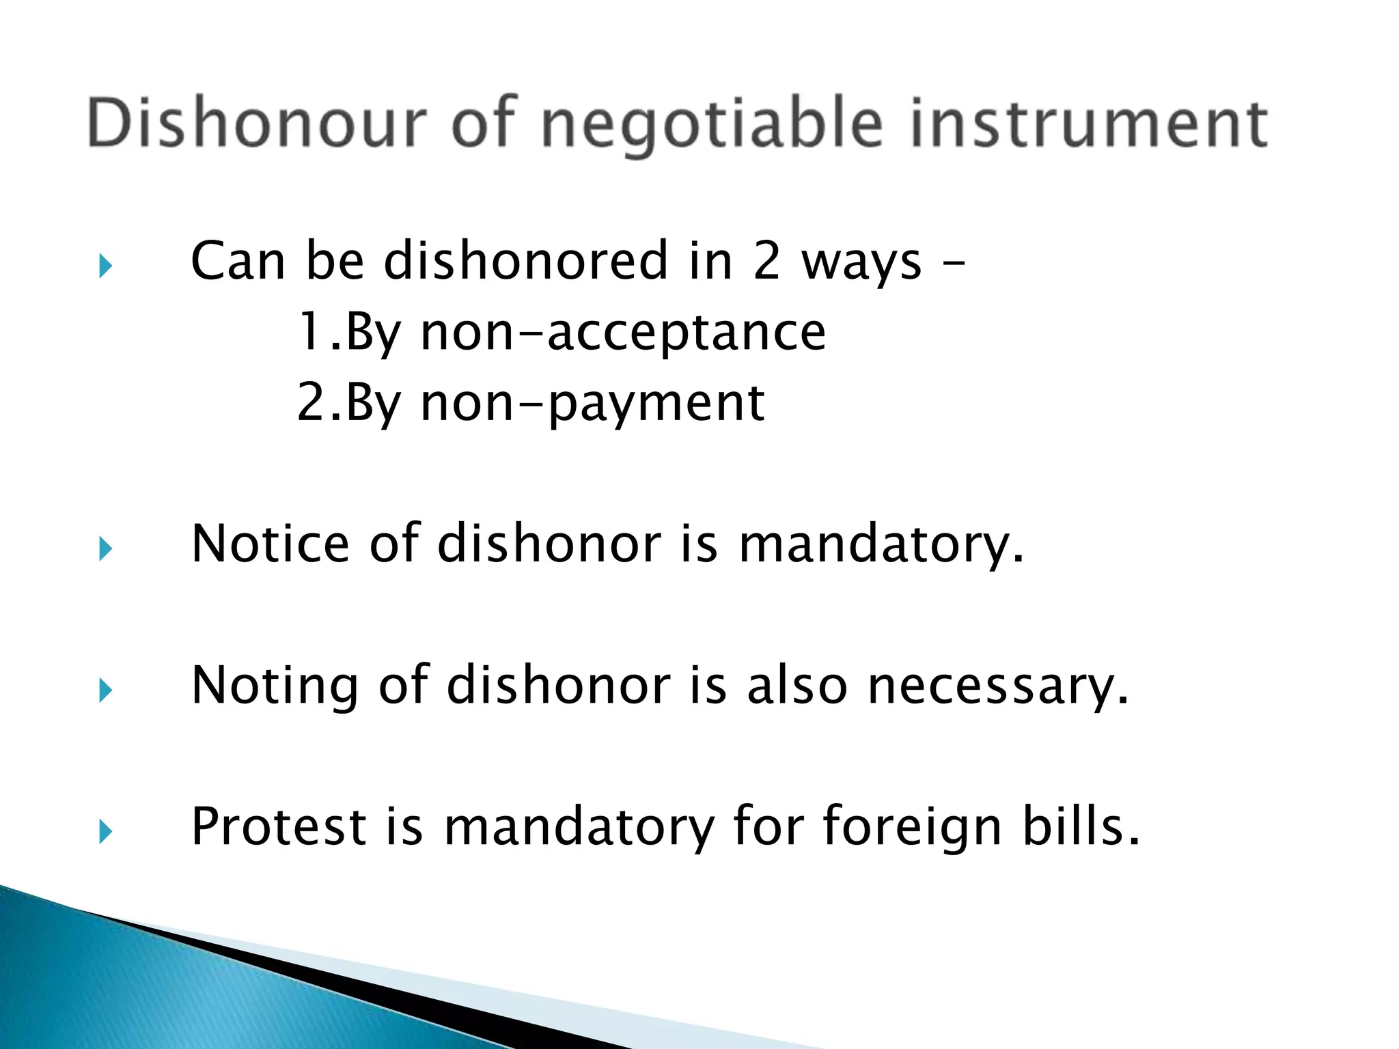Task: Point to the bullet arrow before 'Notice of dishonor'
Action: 105,548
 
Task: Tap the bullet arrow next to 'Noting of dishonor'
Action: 105,690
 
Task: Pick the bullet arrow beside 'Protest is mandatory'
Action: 105,831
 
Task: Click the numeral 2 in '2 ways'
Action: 766,262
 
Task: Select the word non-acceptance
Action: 623,333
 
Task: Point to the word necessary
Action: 998,686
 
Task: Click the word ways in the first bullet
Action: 862,263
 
